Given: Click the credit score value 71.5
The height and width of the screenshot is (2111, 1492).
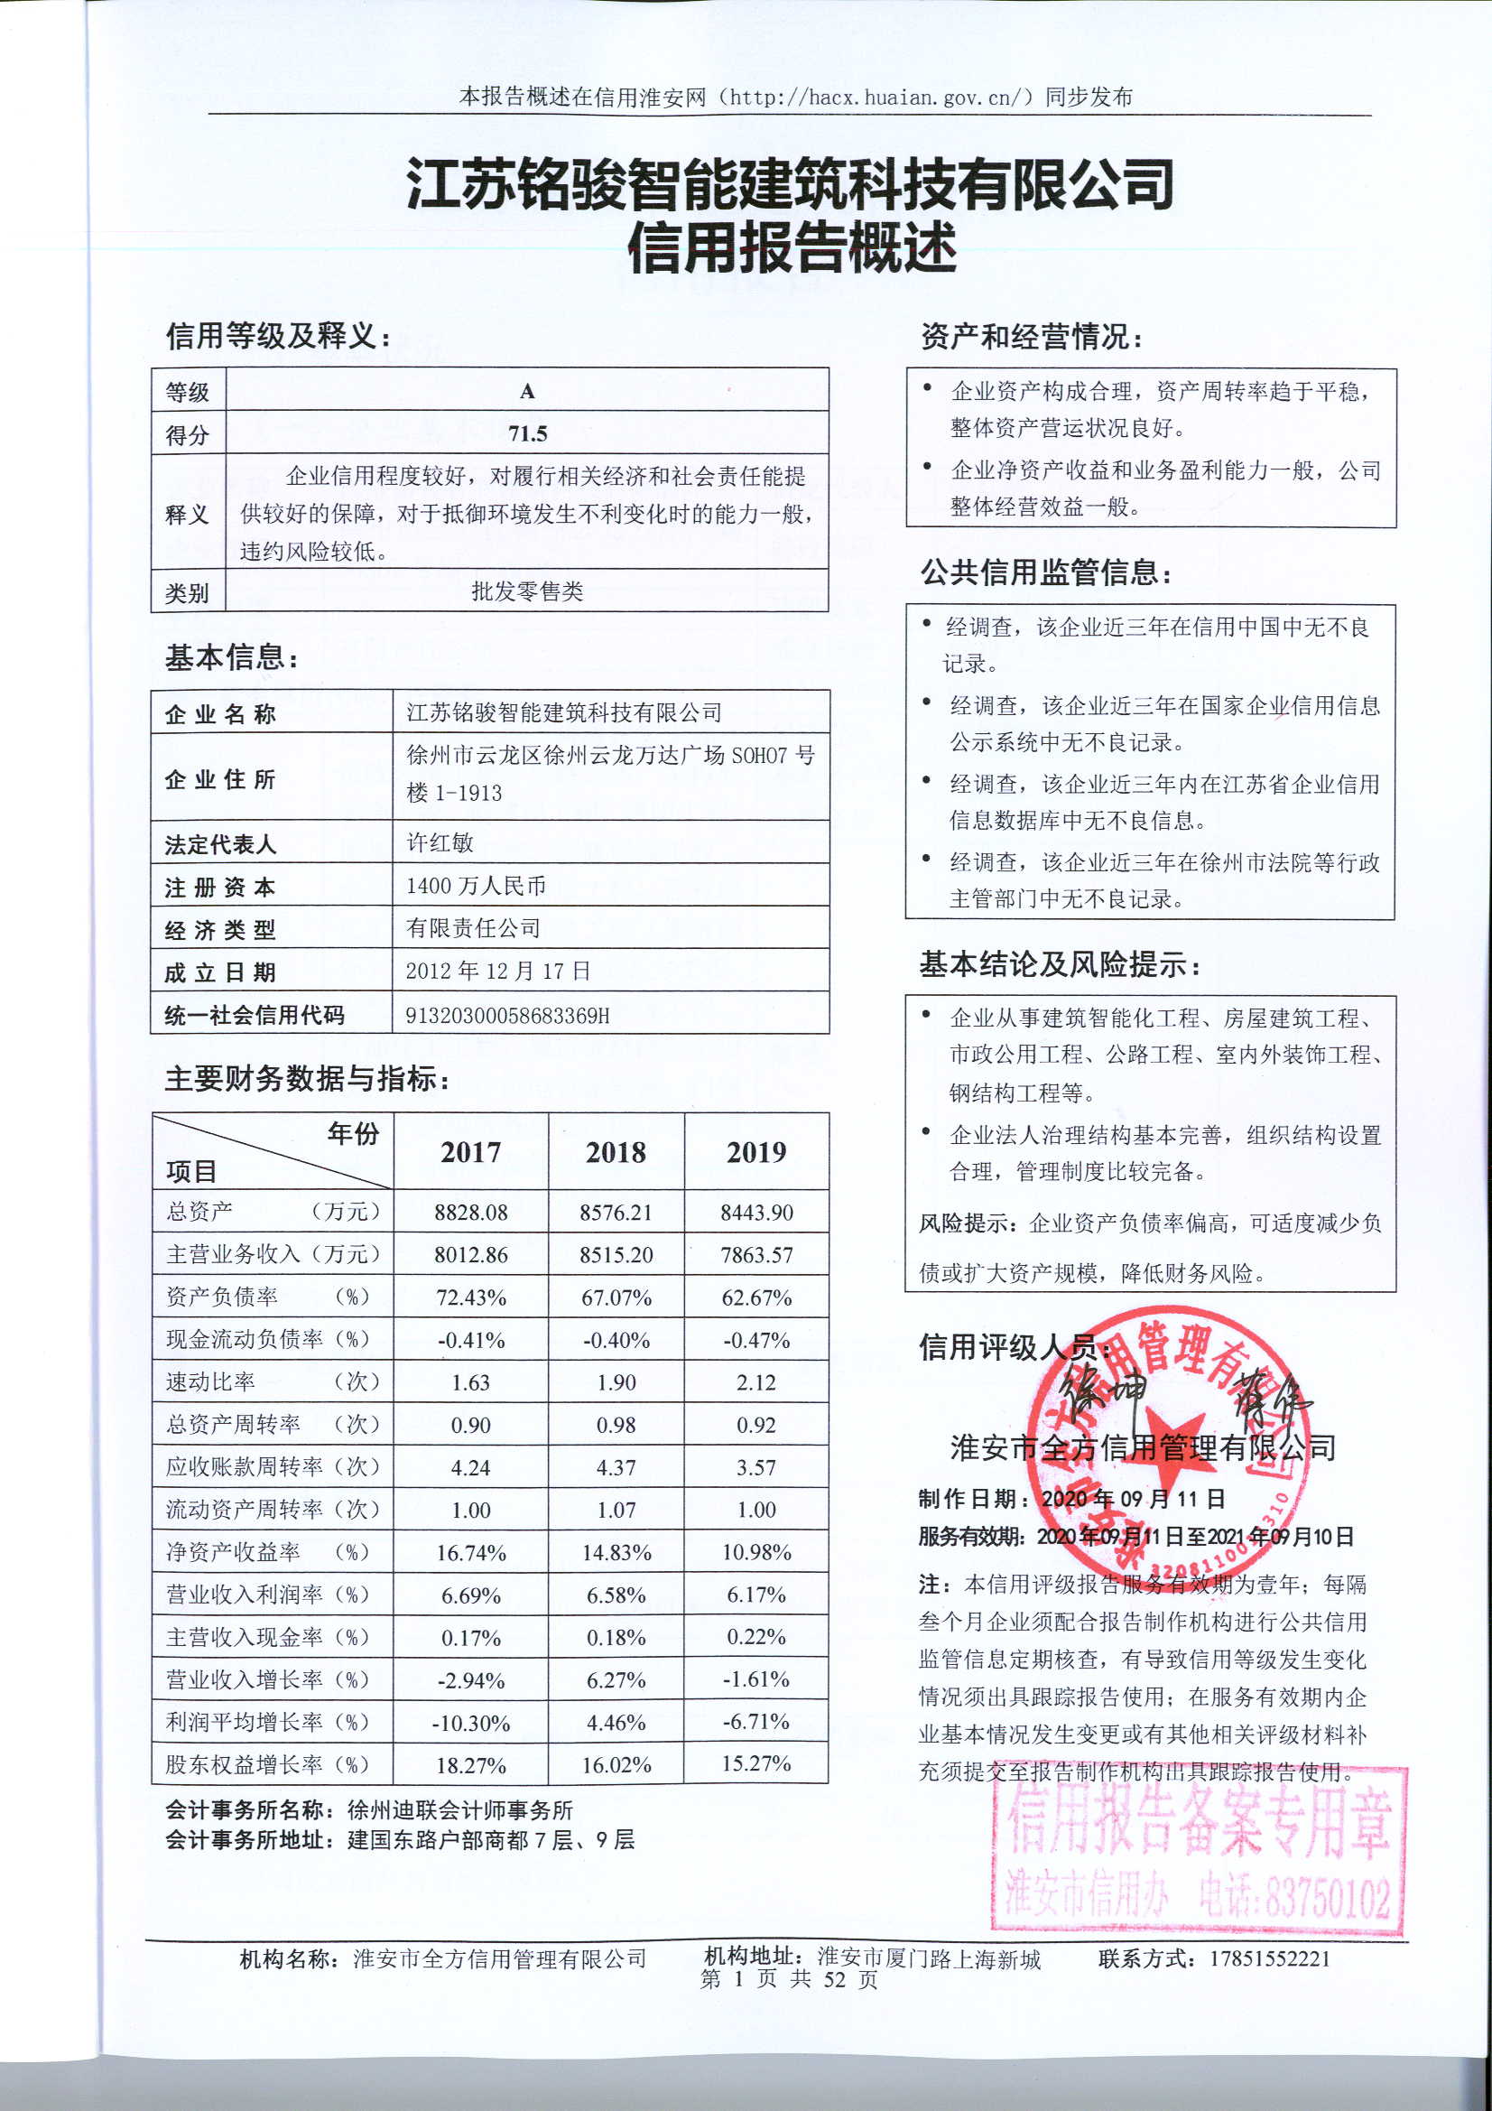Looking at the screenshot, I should [527, 433].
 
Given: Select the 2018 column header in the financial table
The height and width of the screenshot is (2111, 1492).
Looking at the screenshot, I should [615, 1152].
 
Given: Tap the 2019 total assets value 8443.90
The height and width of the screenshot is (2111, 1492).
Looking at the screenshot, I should [755, 1212].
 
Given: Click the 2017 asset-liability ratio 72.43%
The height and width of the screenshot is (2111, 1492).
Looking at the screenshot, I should [470, 1297].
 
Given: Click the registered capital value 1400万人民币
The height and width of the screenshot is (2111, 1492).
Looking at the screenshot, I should [476, 886].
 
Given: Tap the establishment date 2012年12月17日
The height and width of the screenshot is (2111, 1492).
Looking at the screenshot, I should [497, 971].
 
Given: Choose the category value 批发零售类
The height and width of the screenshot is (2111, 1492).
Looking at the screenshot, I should [527, 591].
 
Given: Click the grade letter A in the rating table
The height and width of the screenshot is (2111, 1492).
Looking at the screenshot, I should [527, 391].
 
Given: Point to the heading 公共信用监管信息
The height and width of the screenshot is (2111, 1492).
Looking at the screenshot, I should [1046, 572].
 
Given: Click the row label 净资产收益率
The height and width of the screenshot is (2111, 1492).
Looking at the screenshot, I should [234, 1552].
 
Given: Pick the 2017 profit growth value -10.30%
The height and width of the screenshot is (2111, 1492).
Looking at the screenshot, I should [470, 1723].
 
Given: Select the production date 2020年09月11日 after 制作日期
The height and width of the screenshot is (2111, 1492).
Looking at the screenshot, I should [1133, 1499].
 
